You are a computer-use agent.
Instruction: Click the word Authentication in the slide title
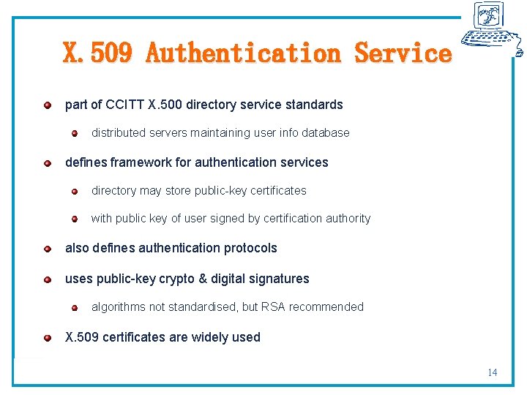[242, 53]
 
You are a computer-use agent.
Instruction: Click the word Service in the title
[403, 53]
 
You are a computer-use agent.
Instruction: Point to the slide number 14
[492, 372]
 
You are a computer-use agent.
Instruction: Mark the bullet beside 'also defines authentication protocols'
[47, 248]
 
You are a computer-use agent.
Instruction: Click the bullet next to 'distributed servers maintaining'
[75, 133]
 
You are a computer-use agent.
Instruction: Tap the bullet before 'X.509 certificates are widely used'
[47, 337]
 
